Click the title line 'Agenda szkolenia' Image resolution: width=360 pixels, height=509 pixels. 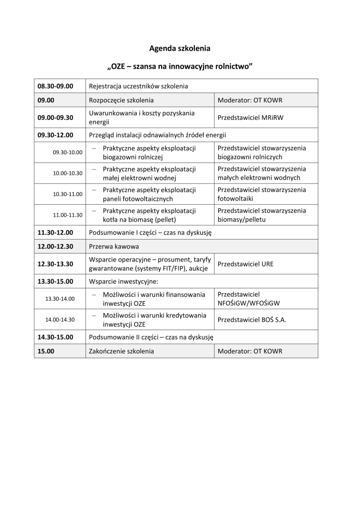180,49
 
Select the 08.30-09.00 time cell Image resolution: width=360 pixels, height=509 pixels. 55,86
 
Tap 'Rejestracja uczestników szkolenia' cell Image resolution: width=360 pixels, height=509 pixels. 138,86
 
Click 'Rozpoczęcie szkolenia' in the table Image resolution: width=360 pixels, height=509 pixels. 121,100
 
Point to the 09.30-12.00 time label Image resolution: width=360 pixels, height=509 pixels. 55,135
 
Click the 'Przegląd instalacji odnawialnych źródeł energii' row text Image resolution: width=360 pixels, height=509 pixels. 157,135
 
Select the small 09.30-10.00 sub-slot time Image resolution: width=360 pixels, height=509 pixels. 68,152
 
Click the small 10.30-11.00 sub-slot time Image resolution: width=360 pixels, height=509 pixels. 68,194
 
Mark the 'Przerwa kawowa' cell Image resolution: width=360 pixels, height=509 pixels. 114,247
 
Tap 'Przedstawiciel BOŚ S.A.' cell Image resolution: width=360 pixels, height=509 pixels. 252,320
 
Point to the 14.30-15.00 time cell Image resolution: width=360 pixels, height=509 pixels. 55,337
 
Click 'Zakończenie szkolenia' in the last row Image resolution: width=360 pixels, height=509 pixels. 121,351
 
